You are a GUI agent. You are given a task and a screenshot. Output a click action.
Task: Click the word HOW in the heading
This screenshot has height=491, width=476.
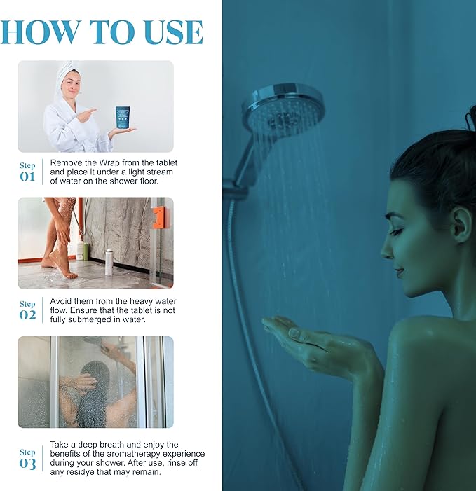tap(41, 32)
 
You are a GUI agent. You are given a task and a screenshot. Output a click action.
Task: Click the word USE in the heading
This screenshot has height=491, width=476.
tap(174, 32)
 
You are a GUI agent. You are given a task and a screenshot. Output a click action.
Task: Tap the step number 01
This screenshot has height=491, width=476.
tap(27, 177)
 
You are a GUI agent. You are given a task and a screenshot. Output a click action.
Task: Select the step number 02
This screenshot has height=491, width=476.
tap(27, 315)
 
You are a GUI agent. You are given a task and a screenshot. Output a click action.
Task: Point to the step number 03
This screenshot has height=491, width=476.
tap(27, 464)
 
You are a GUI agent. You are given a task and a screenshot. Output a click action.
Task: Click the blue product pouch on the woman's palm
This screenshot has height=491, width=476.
tap(123, 117)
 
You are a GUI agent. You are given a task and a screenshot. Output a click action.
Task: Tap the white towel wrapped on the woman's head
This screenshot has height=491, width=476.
tap(66, 75)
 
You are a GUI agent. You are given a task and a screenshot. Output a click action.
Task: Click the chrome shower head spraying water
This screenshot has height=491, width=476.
tap(283, 109)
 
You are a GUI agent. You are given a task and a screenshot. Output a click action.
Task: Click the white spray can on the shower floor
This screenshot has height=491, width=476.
tap(109, 262)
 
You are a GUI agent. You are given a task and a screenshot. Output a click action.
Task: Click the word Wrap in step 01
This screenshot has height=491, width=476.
tap(109, 162)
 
